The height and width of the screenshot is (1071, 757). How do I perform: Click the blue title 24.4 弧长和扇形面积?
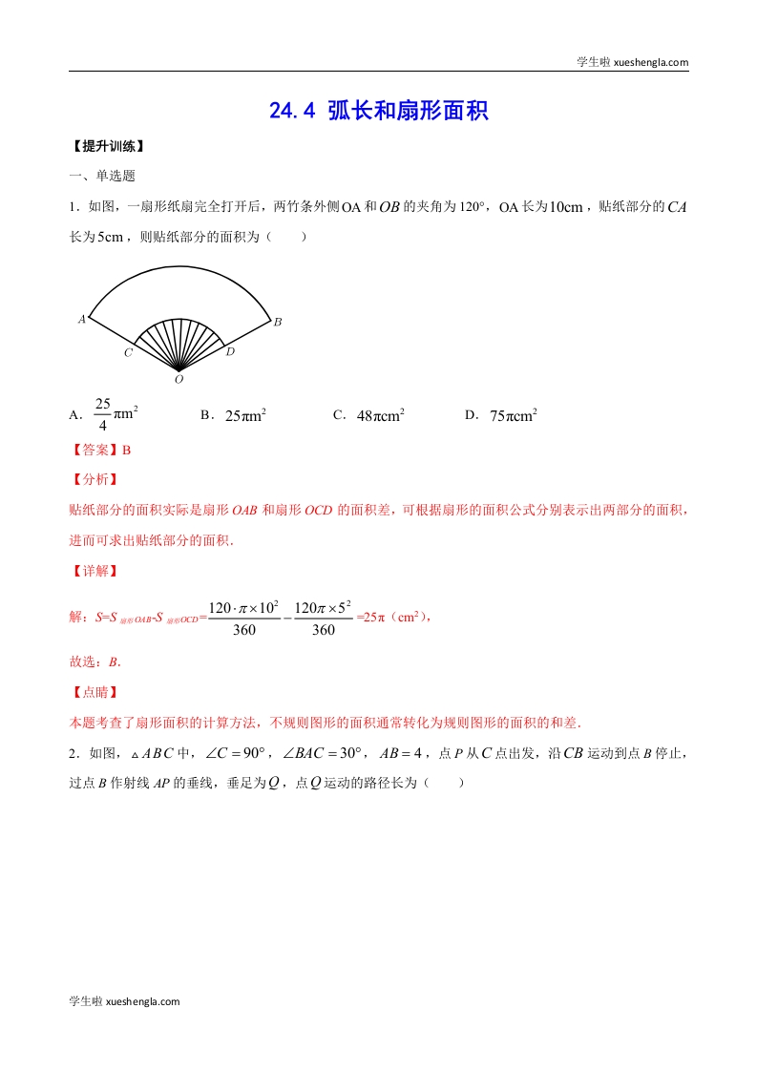click(379, 111)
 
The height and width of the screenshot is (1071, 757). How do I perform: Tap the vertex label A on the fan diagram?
click(82, 319)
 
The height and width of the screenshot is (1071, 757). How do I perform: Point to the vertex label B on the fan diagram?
click(278, 323)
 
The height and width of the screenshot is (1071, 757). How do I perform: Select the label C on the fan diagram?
click(128, 353)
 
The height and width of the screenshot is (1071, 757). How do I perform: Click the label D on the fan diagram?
click(230, 352)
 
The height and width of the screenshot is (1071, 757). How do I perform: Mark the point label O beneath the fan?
click(179, 380)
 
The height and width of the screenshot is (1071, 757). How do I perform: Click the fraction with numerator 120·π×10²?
click(243, 618)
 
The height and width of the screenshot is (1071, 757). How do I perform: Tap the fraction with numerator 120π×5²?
click(324, 618)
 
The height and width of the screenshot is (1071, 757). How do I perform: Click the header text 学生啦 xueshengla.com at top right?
click(633, 62)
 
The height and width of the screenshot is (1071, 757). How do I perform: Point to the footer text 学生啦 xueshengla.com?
click(125, 1001)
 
